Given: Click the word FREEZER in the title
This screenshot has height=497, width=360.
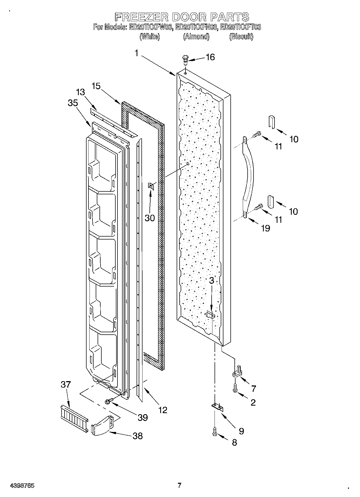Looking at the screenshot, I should tap(141, 17).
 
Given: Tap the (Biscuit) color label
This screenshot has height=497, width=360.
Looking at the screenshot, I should tap(241, 37).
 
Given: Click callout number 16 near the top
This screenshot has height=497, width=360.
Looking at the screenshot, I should tap(210, 57).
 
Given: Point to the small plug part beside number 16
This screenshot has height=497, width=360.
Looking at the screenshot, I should tap(185, 60).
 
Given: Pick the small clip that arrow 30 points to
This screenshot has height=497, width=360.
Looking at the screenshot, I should tap(151, 185).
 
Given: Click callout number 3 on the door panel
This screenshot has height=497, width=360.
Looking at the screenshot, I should tap(212, 281).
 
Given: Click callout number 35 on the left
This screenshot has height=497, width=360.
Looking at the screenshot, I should tap(73, 103).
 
